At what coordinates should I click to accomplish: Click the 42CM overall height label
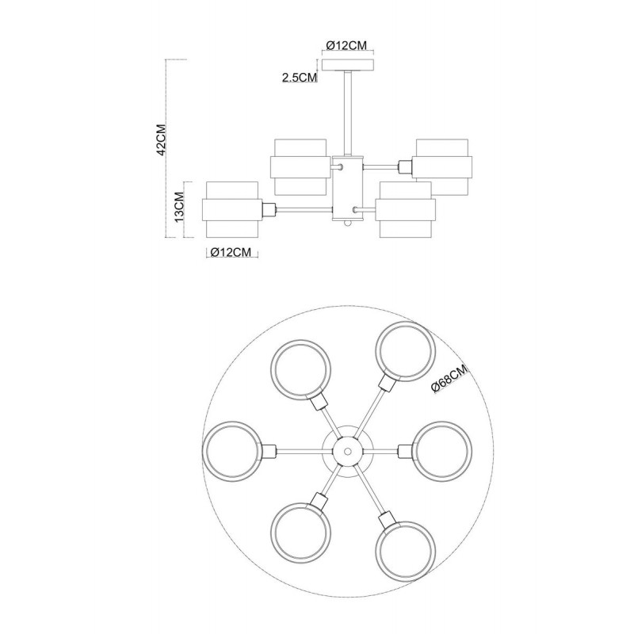click(x=162, y=139)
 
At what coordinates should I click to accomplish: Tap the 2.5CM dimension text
click(x=300, y=78)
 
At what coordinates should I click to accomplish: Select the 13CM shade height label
click(x=179, y=207)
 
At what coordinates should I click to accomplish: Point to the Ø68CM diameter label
click(x=449, y=379)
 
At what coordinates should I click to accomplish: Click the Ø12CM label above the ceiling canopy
click(x=346, y=45)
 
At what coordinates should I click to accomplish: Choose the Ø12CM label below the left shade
click(x=231, y=252)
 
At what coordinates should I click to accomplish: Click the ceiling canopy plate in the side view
click(x=348, y=65)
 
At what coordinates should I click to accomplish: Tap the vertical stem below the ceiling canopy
click(x=348, y=113)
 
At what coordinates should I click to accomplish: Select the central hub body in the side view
click(x=348, y=188)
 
